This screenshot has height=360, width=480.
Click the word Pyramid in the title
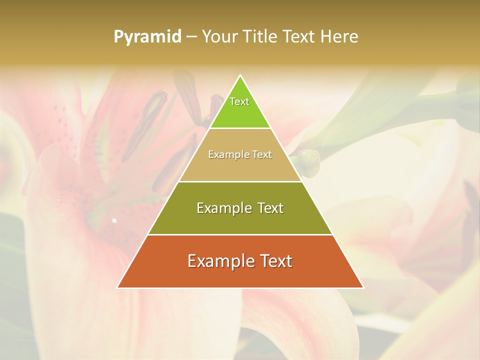(x=147, y=37)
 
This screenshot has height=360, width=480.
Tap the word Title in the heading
(x=260, y=37)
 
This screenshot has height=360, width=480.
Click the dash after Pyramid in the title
(x=191, y=37)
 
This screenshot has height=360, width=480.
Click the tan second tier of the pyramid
(x=240, y=167)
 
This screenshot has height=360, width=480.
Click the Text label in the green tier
(x=239, y=101)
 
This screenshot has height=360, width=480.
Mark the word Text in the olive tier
(x=270, y=208)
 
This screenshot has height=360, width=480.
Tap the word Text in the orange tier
(x=276, y=261)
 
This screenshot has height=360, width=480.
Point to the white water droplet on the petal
(x=114, y=220)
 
